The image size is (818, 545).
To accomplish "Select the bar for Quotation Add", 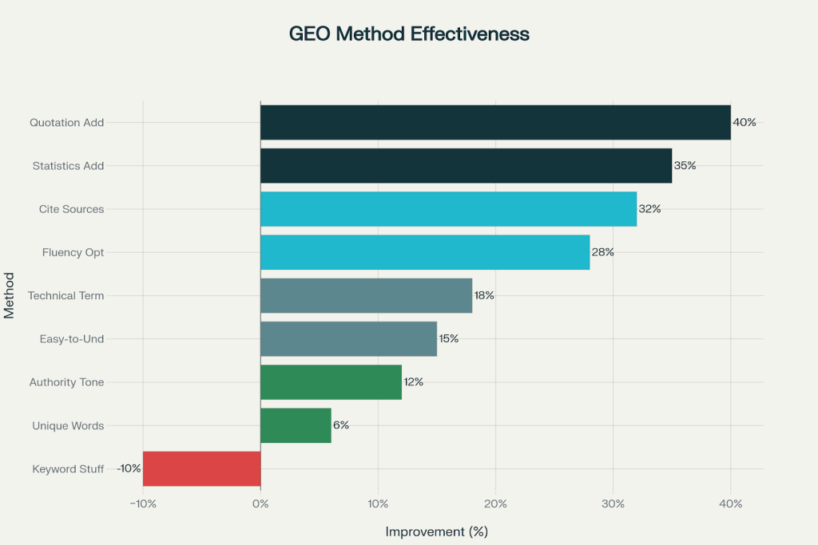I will pyautogui.click(x=495, y=122).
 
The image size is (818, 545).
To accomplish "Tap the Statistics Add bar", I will pyautogui.click(x=466, y=165).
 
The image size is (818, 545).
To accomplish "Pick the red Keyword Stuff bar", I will pyautogui.click(x=201, y=468).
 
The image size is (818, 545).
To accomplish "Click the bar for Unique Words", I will pyautogui.click(x=296, y=425).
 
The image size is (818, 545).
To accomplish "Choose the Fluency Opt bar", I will pyautogui.click(x=425, y=252).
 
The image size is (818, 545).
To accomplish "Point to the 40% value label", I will pyautogui.click(x=745, y=123).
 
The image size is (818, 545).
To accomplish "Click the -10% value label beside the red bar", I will pyautogui.click(x=129, y=468).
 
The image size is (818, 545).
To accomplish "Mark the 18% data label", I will pyautogui.click(x=484, y=295).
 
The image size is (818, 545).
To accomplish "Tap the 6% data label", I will pyautogui.click(x=341, y=425).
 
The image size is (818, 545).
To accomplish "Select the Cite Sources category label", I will pyautogui.click(x=71, y=209).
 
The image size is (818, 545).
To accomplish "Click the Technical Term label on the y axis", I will pyautogui.click(x=66, y=295).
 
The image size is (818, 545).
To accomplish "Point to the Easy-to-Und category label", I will pyautogui.click(x=72, y=339).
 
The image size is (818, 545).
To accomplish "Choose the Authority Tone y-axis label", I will pyautogui.click(x=66, y=382).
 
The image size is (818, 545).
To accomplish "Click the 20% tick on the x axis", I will pyautogui.click(x=495, y=504).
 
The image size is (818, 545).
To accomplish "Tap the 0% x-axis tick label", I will pyautogui.click(x=260, y=504).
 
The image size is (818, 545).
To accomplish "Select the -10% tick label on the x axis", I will pyautogui.click(x=142, y=504).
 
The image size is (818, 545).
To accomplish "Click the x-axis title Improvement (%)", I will pyautogui.click(x=436, y=531).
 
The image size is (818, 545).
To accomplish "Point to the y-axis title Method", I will pyautogui.click(x=10, y=295).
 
